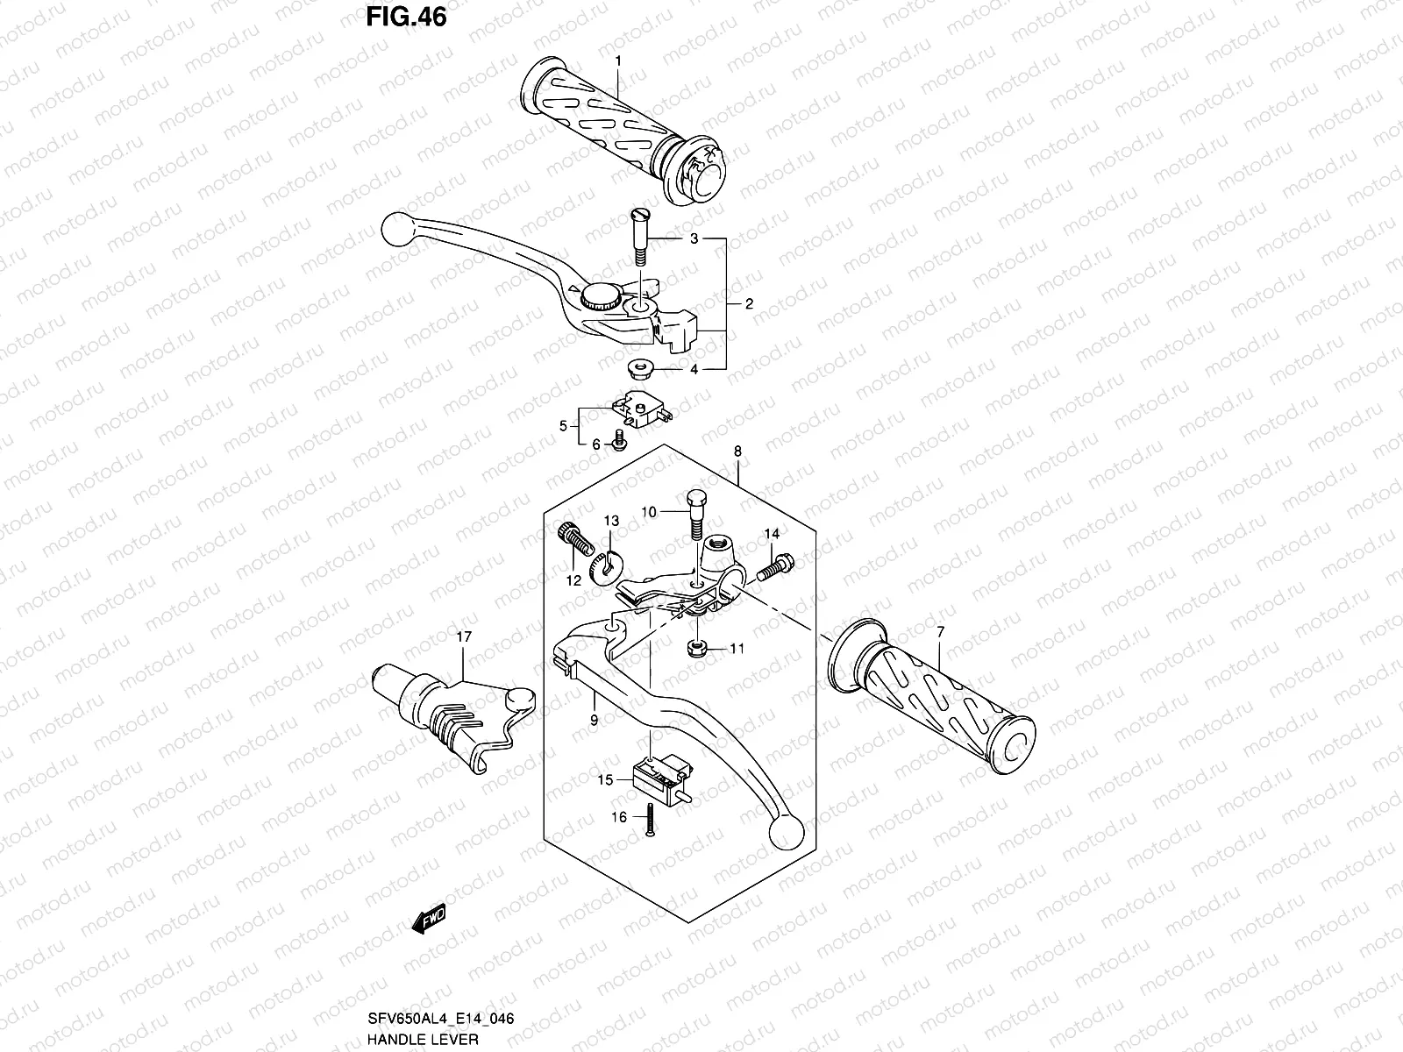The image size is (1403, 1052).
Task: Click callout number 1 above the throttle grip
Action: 618,60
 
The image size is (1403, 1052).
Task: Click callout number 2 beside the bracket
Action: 749,304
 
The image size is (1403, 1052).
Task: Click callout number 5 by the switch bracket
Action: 563,427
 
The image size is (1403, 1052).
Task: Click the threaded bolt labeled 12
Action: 572,537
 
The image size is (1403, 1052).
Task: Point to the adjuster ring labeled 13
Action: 604,567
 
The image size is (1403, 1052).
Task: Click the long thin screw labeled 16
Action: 650,820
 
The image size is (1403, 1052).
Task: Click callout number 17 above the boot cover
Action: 463,636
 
